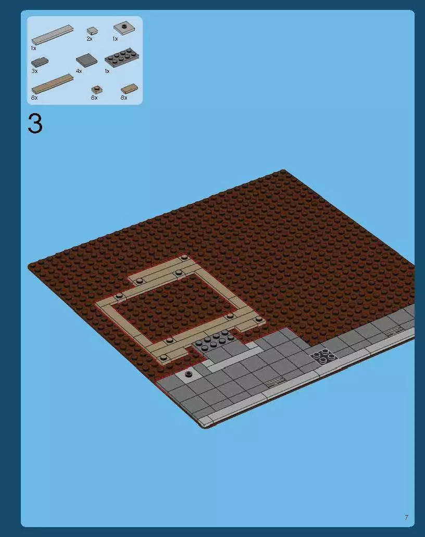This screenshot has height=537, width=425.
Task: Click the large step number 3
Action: click(x=35, y=124)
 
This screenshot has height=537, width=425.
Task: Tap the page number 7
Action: click(x=406, y=518)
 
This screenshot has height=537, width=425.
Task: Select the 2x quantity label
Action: click(x=90, y=39)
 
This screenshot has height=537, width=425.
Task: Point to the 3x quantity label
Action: click(x=34, y=71)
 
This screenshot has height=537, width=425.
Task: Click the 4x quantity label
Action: click(x=79, y=71)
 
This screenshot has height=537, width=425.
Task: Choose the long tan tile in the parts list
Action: click(x=52, y=83)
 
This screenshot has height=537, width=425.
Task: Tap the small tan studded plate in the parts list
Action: click(x=96, y=89)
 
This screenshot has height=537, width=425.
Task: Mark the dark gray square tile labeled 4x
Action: click(x=86, y=60)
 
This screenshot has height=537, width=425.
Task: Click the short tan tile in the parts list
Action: click(x=129, y=89)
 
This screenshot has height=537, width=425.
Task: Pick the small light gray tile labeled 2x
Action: click(x=92, y=31)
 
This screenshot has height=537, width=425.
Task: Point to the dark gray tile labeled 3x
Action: click(x=40, y=62)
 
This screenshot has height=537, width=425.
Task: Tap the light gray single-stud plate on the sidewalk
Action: click(x=188, y=374)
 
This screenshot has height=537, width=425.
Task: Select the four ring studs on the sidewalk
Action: click(x=324, y=356)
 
